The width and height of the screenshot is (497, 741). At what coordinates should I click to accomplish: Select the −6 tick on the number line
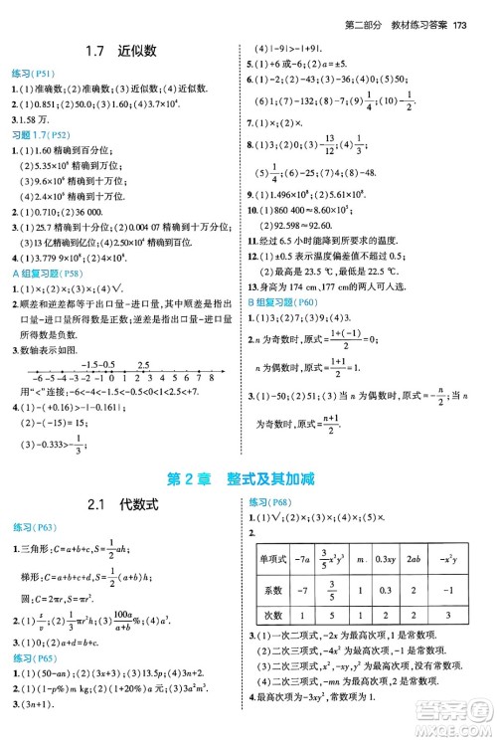37,379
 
